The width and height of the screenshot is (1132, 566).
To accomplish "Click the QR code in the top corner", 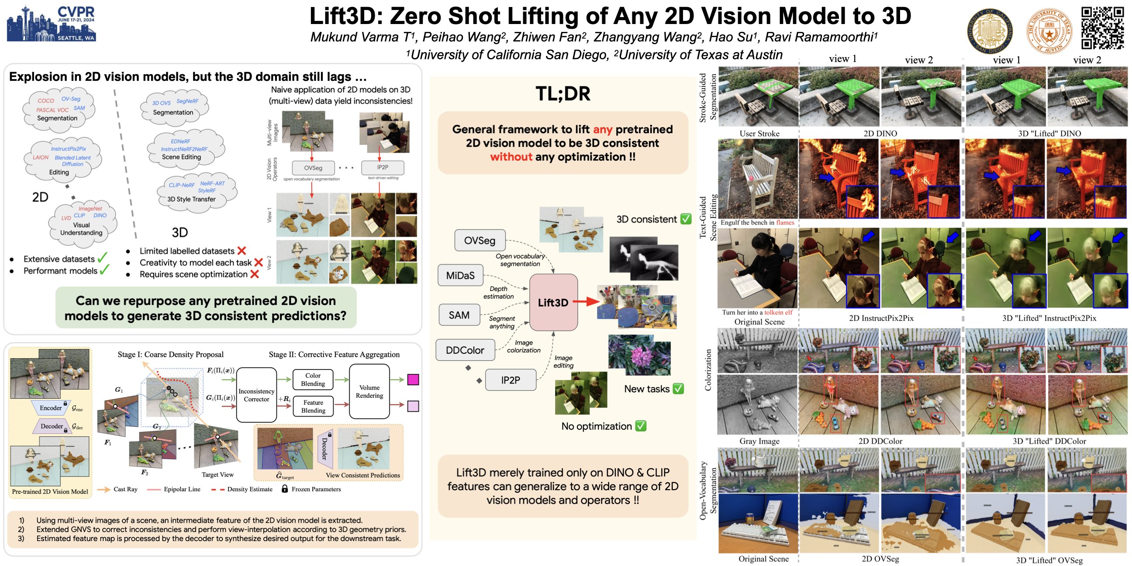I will [1102, 28].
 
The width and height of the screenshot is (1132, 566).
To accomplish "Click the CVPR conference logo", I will [52, 24].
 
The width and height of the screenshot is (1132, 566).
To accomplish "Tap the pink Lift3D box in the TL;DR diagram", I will [553, 302].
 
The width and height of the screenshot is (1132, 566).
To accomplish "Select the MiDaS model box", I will [460, 276].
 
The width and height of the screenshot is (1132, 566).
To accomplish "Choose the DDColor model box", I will [465, 350].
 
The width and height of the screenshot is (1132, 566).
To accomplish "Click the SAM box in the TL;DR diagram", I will [459, 315].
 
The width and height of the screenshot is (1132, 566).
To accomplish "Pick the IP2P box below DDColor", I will [510, 380].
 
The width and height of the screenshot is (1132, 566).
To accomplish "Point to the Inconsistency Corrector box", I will [256, 395].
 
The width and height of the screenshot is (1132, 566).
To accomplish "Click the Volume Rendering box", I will [369, 392].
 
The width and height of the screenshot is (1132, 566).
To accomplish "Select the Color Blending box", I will [313, 380].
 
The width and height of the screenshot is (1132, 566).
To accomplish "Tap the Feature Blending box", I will [313, 407].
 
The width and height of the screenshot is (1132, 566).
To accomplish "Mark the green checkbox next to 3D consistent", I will [686, 219].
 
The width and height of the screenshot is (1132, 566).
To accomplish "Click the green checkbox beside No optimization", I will [641, 426].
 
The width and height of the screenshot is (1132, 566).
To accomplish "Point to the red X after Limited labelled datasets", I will [242, 251].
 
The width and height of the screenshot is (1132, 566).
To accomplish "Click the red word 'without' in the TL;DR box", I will [511, 157].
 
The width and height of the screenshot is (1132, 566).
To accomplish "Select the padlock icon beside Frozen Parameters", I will [285, 489].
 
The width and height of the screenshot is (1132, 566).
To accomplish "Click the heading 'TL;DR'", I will [563, 93].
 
